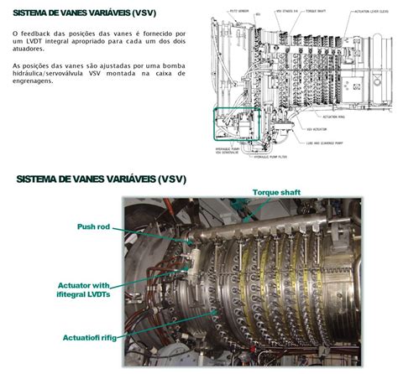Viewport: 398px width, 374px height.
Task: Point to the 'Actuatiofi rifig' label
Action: [x=91, y=338]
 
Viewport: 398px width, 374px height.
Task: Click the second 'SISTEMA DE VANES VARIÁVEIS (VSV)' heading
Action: [x=101, y=179]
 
